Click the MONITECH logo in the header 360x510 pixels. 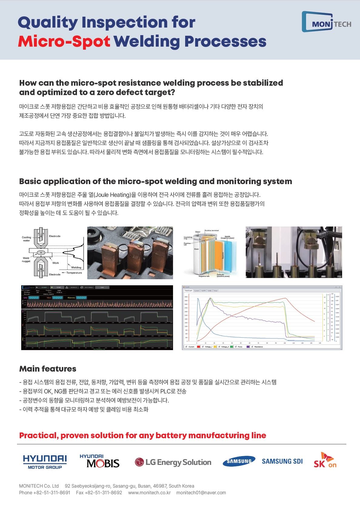(326, 22)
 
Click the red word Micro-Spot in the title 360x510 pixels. (64, 41)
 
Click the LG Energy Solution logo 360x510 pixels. (173, 462)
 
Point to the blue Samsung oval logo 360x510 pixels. (239, 461)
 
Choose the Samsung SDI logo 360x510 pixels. (282, 461)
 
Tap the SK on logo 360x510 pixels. (325, 461)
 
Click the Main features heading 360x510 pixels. (48, 369)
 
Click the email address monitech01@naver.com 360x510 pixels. (201, 492)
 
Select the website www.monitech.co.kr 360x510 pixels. (149, 492)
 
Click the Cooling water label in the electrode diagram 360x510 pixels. (26, 239)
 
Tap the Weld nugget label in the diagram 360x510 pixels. (26, 260)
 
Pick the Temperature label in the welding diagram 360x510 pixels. (74, 273)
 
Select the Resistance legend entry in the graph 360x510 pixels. (258, 347)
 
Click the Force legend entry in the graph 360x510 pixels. (240, 347)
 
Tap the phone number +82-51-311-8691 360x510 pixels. (52, 492)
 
